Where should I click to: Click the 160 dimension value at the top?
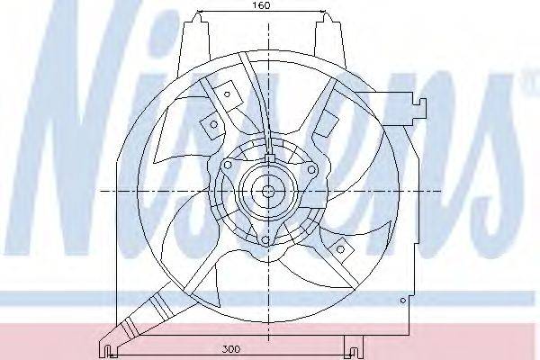click(261, 5)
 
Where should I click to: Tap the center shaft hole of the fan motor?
click(267, 191)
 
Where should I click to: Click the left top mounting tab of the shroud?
click(193, 40)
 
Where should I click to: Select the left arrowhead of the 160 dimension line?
click(201, 13)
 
